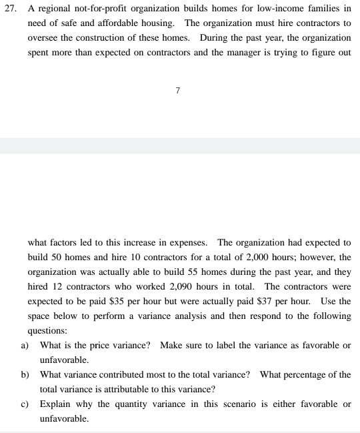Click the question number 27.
11,9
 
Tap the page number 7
178,90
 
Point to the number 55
198,272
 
